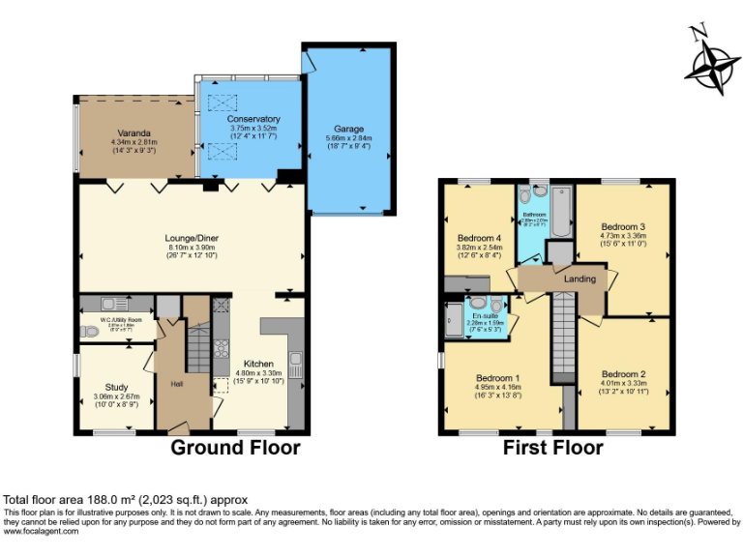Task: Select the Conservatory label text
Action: (254, 119)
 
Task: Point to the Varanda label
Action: (134, 132)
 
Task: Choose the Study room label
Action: (116, 387)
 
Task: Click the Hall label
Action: (177, 384)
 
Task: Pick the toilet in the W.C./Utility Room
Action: (89, 332)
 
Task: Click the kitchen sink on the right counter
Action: (296, 365)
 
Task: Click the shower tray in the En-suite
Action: (453, 320)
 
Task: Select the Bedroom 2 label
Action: (622, 374)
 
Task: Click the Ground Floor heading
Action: (235, 448)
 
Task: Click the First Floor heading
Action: (552, 448)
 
